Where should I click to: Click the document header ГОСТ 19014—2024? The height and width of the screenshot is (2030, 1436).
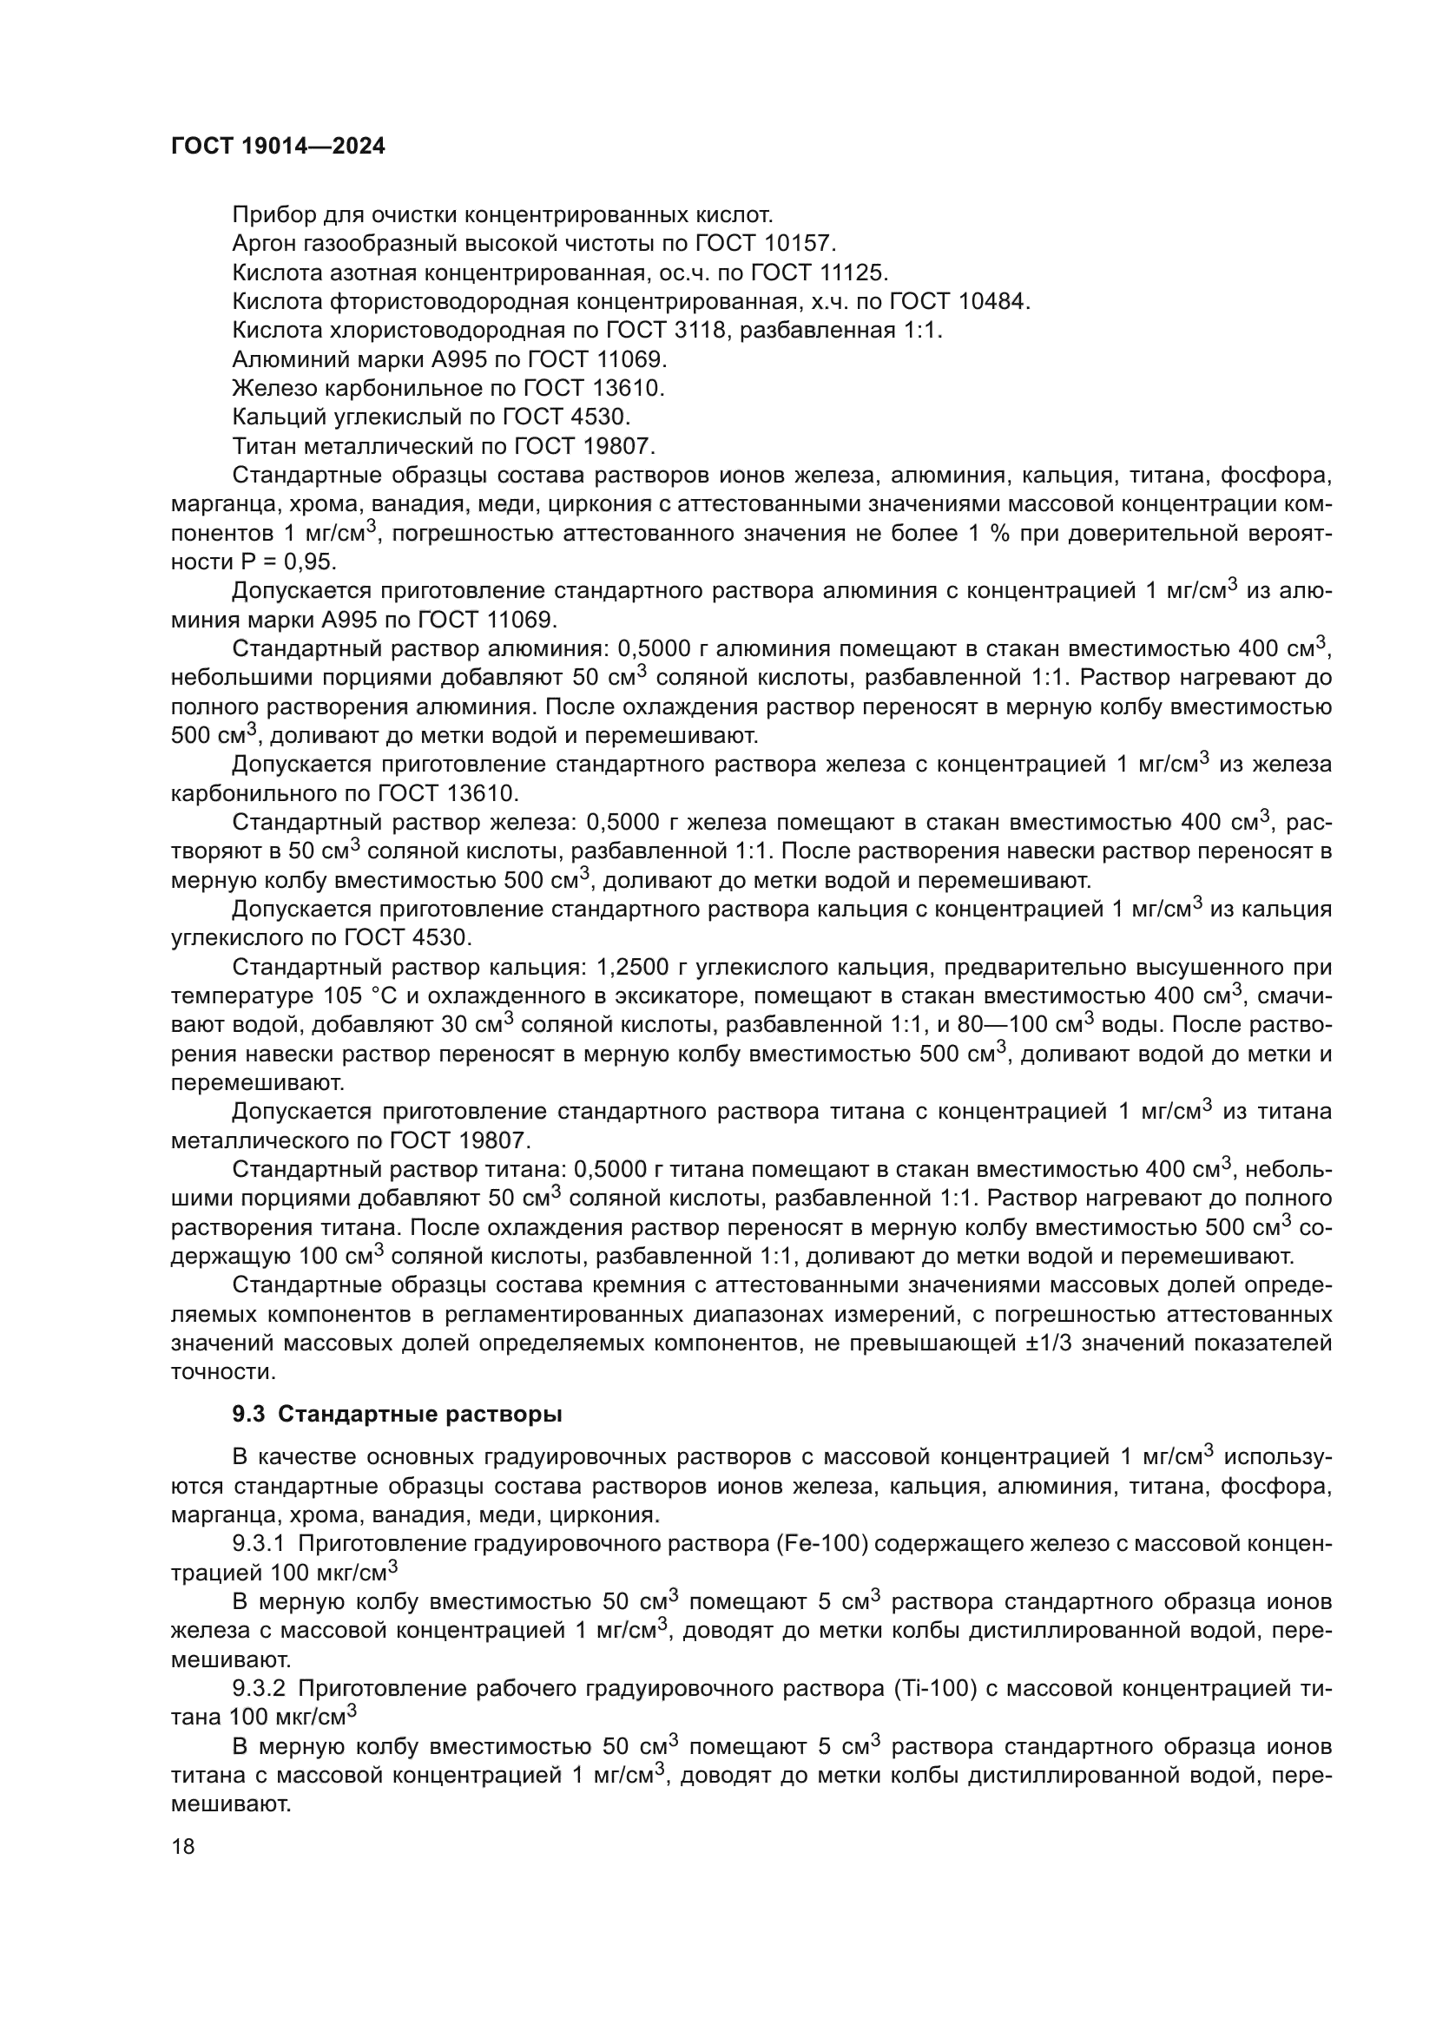[x=278, y=147]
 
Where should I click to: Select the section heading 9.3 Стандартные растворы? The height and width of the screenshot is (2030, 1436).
[x=397, y=1415]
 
